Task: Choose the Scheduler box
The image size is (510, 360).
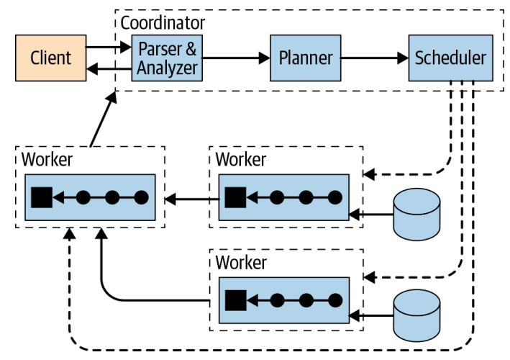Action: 450,57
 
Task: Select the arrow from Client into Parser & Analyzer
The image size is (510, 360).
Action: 108,48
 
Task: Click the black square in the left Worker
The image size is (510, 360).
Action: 40,196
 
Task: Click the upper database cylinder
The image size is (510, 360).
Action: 417,214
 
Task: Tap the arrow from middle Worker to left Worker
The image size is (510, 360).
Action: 190,196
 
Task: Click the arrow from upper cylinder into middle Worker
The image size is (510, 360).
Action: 370,214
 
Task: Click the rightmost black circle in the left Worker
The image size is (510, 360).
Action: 141,196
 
